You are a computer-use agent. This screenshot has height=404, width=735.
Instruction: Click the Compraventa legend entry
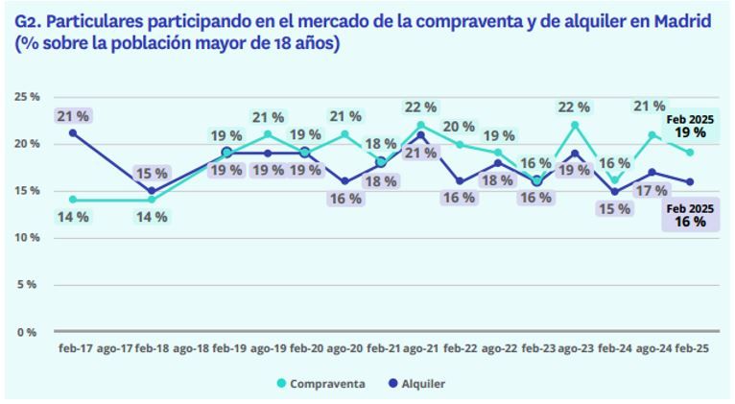(x=325, y=384)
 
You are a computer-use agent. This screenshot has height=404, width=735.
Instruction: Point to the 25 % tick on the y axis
(x=26, y=97)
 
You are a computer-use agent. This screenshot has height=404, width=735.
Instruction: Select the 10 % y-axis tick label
(x=26, y=238)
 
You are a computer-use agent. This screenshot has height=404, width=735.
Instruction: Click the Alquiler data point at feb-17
(x=73, y=132)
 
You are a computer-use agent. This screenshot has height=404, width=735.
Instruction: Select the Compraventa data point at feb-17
(x=73, y=200)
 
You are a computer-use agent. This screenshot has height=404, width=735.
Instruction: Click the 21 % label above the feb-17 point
(x=73, y=116)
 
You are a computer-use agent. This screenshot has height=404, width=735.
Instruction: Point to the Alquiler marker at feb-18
(x=150, y=190)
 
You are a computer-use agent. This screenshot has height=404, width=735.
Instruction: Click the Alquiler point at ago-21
(x=421, y=134)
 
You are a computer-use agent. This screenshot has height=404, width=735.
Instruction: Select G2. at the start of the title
(x=29, y=20)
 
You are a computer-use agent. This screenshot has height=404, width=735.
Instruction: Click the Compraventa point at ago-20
(x=344, y=134)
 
